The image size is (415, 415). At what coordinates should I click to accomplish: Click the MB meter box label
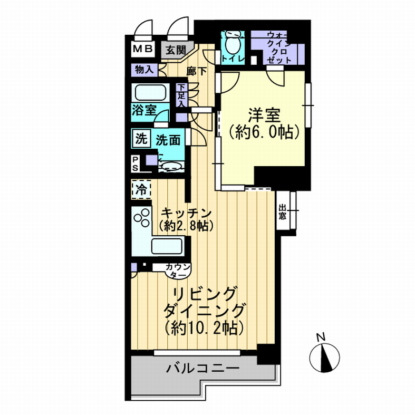(x=143, y=49)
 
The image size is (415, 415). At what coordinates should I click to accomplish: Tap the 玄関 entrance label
(x=176, y=50)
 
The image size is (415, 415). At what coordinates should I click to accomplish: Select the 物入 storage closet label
(x=144, y=70)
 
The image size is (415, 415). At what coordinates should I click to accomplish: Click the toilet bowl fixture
(x=233, y=42)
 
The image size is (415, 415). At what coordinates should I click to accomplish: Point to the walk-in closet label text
(x=279, y=47)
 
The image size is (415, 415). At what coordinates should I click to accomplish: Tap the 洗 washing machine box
(x=141, y=139)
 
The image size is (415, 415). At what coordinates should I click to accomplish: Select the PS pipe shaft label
(x=135, y=164)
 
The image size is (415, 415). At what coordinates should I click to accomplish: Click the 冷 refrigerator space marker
(x=141, y=189)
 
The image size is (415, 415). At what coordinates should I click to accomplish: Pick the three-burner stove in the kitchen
(x=142, y=217)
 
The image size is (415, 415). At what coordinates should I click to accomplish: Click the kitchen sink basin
(x=167, y=246)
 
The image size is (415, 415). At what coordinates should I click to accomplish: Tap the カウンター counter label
(x=178, y=271)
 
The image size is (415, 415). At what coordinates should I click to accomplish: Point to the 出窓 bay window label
(x=282, y=212)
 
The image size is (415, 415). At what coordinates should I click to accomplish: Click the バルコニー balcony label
(x=202, y=369)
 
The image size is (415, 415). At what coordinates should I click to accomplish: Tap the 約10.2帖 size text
(x=204, y=328)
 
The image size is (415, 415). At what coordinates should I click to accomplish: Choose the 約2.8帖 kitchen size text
(x=186, y=226)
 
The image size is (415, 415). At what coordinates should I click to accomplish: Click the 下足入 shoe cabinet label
(x=181, y=95)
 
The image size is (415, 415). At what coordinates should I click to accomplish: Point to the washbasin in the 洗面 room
(x=171, y=167)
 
